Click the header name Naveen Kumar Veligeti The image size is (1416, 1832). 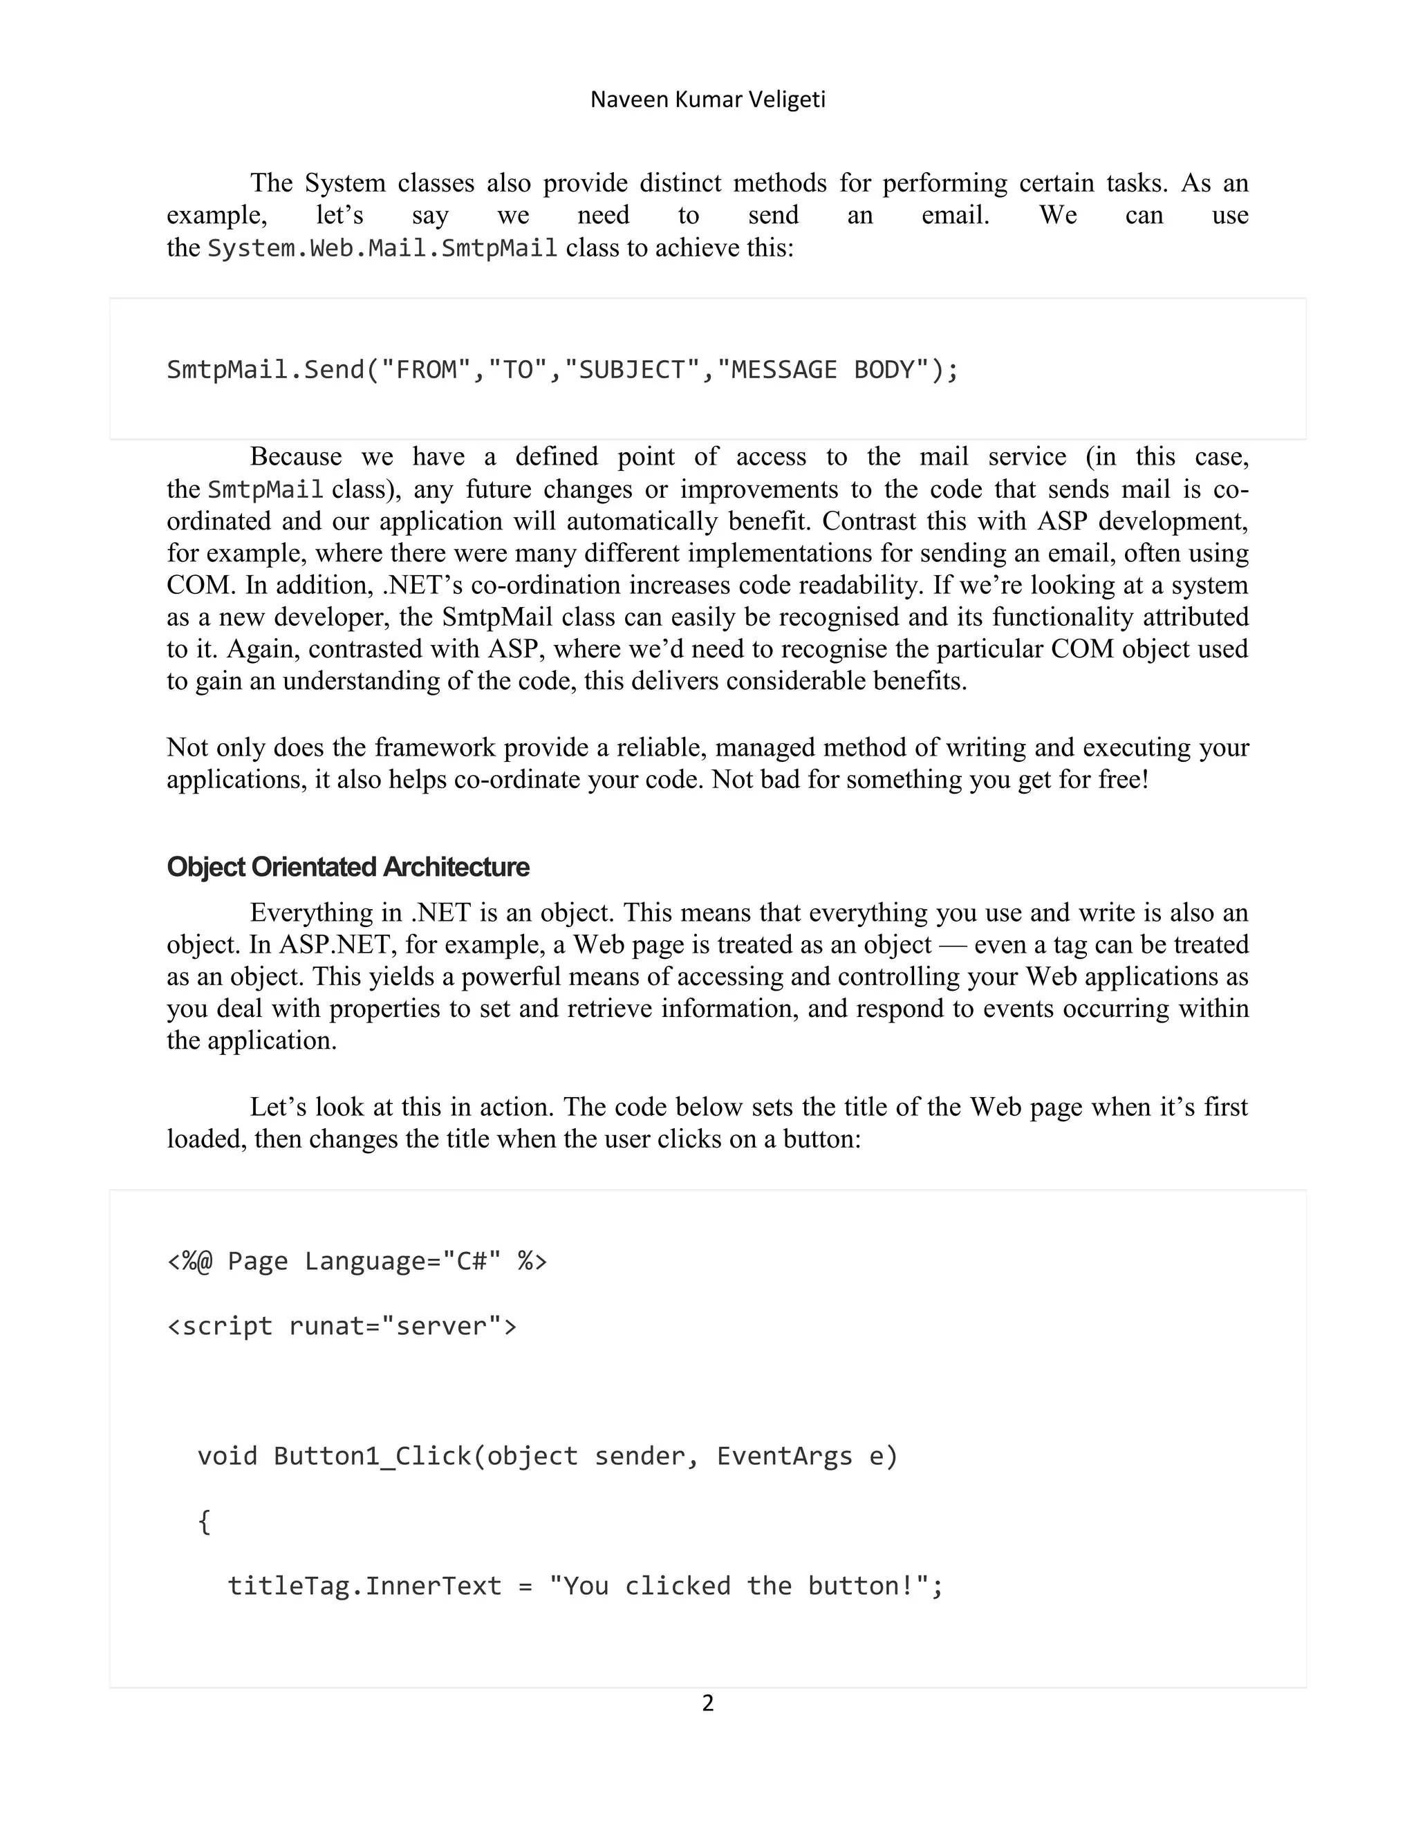[708, 100]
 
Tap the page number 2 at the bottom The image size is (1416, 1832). [708, 1703]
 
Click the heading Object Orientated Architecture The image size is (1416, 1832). [348, 866]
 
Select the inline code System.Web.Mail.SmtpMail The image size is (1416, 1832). [382, 248]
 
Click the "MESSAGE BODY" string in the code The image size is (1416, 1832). [823, 370]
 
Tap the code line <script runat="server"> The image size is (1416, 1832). [342, 1326]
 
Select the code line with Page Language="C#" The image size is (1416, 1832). [357, 1261]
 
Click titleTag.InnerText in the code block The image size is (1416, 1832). [364, 1586]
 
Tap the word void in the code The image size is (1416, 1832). [227, 1456]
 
